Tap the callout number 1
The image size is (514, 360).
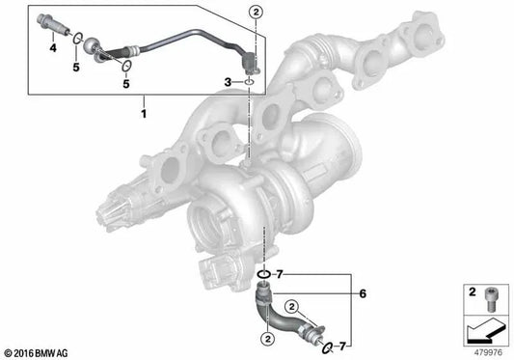pyautogui.click(x=146, y=113)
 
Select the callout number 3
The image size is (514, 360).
pyautogui.click(x=227, y=84)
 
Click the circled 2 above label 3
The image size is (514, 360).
pyautogui.click(x=256, y=13)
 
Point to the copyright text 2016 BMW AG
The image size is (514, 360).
pyautogui.click(x=39, y=351)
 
